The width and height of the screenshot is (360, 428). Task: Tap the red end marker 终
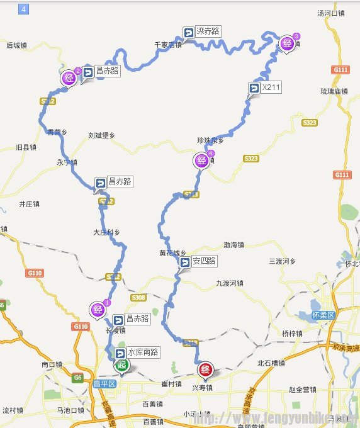205,370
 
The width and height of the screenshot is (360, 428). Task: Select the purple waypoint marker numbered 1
99,309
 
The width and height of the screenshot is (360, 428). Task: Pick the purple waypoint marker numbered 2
70,78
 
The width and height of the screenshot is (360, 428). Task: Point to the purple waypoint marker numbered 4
202,161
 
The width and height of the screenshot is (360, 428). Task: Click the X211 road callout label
264,87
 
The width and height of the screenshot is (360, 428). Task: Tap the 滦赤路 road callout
203,31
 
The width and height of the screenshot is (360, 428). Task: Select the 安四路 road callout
198,261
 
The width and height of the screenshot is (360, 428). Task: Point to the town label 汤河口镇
332,13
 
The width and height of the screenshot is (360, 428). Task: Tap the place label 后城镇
16,45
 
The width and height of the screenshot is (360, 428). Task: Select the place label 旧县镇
26,147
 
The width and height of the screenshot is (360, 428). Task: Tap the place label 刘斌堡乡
101,135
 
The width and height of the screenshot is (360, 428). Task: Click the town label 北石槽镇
271,363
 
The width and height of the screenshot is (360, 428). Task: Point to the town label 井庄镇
29,204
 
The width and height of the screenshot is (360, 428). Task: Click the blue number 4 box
24,9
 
